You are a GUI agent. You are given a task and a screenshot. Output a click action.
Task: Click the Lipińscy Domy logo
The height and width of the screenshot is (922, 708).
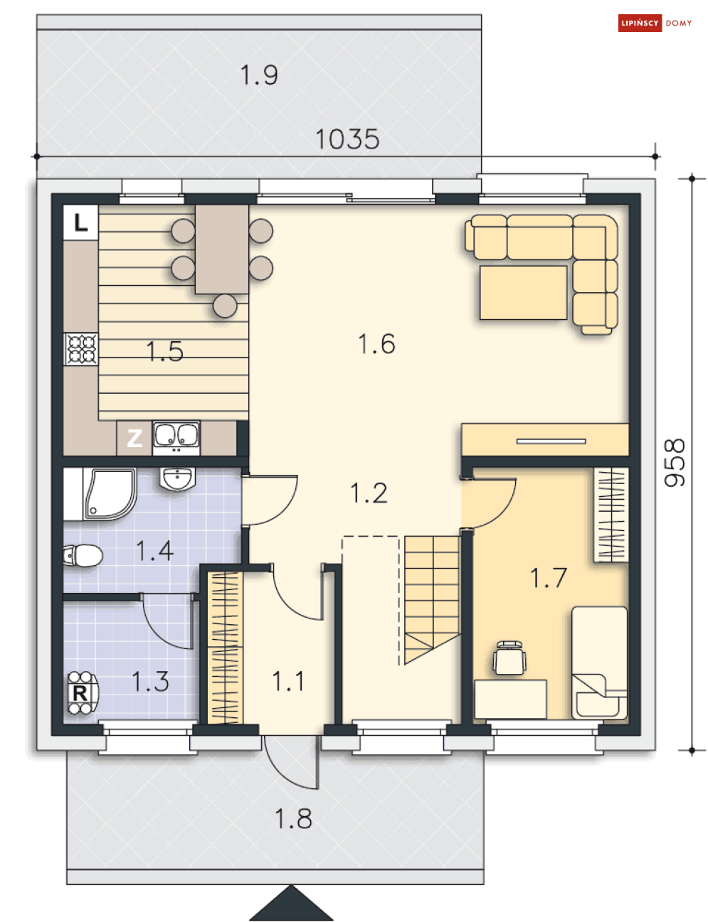pos(654,23)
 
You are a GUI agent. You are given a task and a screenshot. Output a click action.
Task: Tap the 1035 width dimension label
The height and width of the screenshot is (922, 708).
pos(347,139)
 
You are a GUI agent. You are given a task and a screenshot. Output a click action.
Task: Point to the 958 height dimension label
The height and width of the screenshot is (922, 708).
pos(675,462)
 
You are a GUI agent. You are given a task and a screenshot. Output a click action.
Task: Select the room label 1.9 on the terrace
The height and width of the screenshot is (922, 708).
pos(259,75)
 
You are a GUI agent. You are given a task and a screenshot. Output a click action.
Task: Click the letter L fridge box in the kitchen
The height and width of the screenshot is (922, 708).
pos(80,223)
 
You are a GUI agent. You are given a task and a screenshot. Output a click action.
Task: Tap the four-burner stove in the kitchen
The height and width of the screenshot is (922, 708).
pos(80,349)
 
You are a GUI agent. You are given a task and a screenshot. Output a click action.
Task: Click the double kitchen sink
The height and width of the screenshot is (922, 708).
pos(176,437)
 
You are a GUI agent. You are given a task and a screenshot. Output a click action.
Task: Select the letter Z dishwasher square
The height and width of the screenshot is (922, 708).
pos(134,439)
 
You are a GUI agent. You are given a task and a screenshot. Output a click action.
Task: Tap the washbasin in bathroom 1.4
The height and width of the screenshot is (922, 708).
pos(177,478)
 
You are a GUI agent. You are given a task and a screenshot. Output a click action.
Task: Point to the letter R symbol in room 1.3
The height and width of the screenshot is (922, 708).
pos(80,693)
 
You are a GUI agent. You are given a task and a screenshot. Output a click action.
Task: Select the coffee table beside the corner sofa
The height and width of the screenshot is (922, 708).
pos(523,292)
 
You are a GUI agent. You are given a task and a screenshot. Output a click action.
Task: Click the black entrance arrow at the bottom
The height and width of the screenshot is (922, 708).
pos(291,903)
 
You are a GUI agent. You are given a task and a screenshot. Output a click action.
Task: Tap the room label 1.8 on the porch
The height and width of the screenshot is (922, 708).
pos(293,818)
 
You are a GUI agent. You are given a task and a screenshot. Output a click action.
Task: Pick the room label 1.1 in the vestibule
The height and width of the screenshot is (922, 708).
pos(288,681)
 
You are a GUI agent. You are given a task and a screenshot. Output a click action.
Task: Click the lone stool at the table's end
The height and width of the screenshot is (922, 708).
pos(225,306)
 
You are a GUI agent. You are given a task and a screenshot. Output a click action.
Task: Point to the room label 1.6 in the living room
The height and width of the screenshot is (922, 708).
pos(376,343)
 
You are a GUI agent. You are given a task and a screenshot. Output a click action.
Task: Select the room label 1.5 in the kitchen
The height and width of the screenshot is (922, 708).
pos(165,352)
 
